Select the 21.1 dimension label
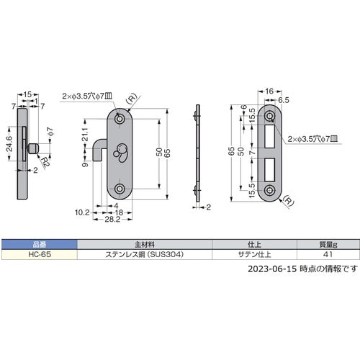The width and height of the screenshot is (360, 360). tap(85, 136)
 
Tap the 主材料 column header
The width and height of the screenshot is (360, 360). tap(143, 244)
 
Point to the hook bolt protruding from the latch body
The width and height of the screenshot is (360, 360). tap(99, 153)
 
